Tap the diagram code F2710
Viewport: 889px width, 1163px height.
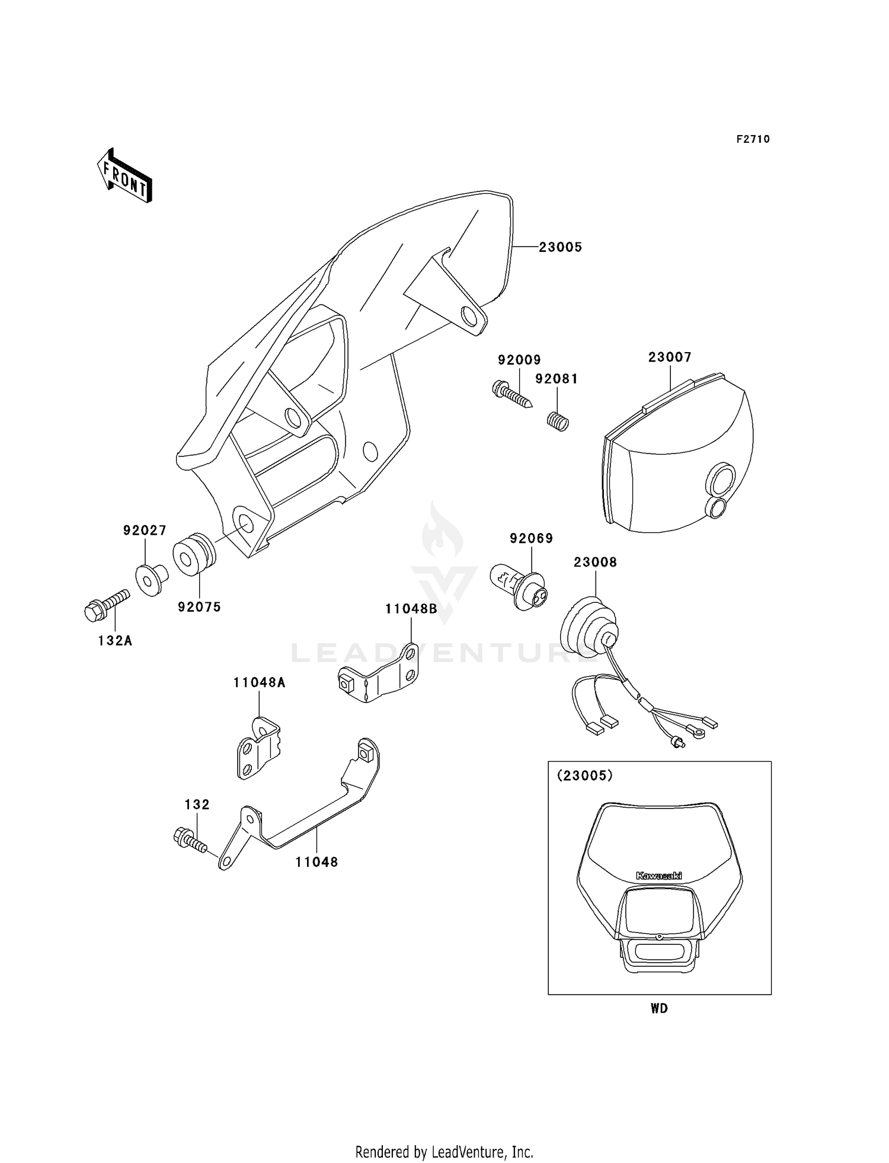(753, 139)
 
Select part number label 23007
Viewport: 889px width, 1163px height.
(670, 357)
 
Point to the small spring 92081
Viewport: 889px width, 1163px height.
(557, 421)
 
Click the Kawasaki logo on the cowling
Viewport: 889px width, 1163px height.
(658, 876)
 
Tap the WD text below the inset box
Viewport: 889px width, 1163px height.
(659, 1008)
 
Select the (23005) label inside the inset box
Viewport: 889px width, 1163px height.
(584, 775)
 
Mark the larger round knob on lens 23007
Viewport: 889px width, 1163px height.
(720, 480)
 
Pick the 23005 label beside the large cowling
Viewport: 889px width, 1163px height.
(560, 247)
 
